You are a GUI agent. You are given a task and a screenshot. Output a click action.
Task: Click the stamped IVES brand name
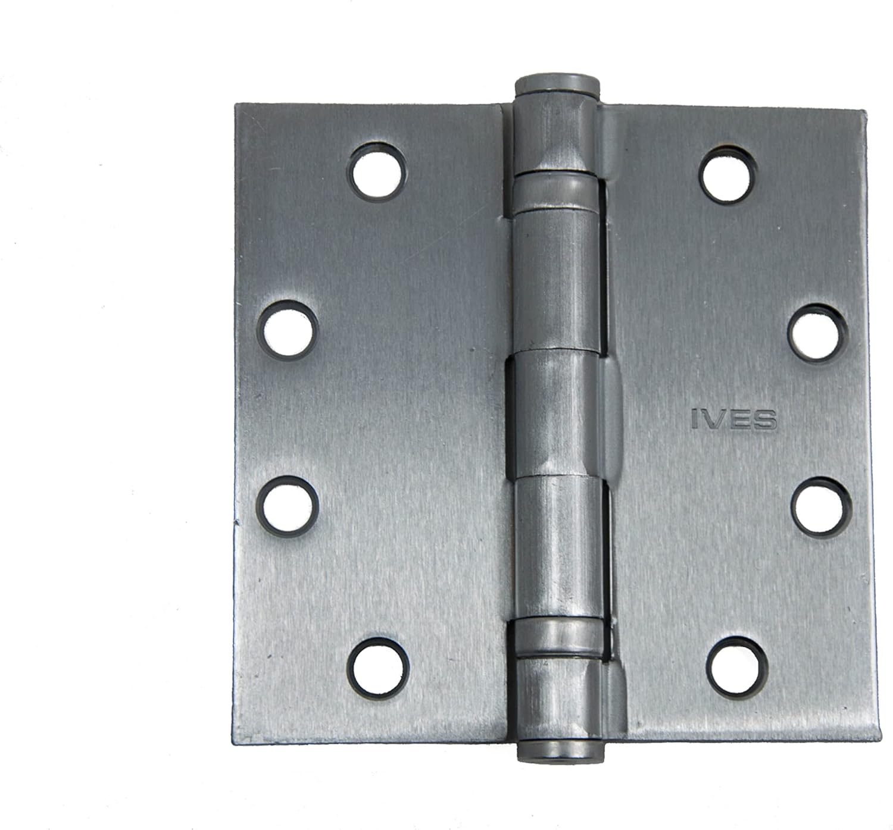pos(734,419)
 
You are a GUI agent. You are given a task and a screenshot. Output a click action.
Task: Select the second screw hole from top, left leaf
pos(288,329)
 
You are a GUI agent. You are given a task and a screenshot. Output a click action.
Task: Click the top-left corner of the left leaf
pos(236,106)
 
